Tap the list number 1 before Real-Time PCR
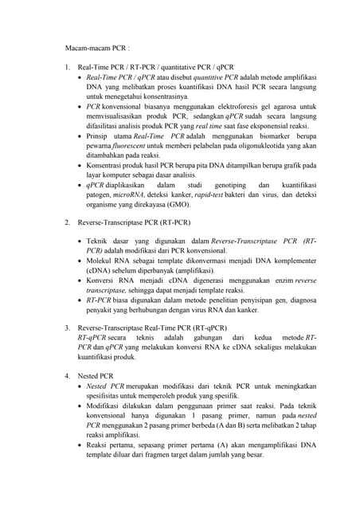coord(68,68)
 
